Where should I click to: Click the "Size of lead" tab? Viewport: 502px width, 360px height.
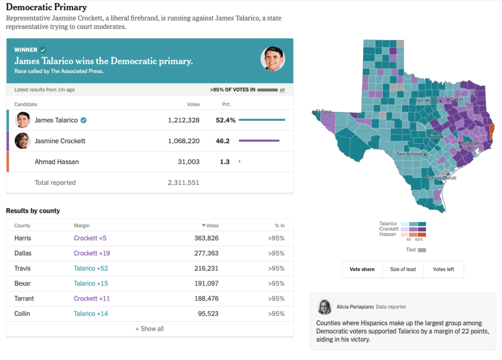click(x=402, y=269)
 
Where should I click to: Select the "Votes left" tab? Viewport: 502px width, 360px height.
click(x=443, y=269)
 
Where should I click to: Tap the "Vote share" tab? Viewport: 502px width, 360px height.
click(x=362, y=269)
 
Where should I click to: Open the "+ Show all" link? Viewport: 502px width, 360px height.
click(x=150, y=329)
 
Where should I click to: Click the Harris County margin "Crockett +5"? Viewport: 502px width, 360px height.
click(x=90, y=238)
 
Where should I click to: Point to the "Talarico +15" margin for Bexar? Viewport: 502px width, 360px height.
click(x=91, y=283)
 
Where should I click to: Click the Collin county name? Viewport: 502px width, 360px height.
click(x=22, y=313)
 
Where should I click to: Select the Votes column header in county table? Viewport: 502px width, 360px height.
click(x=211, y=226)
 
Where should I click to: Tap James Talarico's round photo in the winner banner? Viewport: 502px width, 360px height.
click(x=272, y=59)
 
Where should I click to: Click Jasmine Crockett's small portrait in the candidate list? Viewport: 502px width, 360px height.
click(x=22, y=141)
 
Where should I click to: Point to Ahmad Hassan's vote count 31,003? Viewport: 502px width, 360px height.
click(x=187, y=161)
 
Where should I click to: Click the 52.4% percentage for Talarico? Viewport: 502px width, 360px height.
click(x=226, y=120)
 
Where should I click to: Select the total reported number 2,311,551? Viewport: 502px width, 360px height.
click(x=184, y=182)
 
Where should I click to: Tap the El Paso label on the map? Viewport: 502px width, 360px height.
click(x=324, y=111)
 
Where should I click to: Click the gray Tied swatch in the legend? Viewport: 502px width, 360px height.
click(x=422, y=250)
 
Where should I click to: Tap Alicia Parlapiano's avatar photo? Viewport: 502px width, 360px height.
click(x=324, y=307)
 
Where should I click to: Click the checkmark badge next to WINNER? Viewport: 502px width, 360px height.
click(x=43, y=50)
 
